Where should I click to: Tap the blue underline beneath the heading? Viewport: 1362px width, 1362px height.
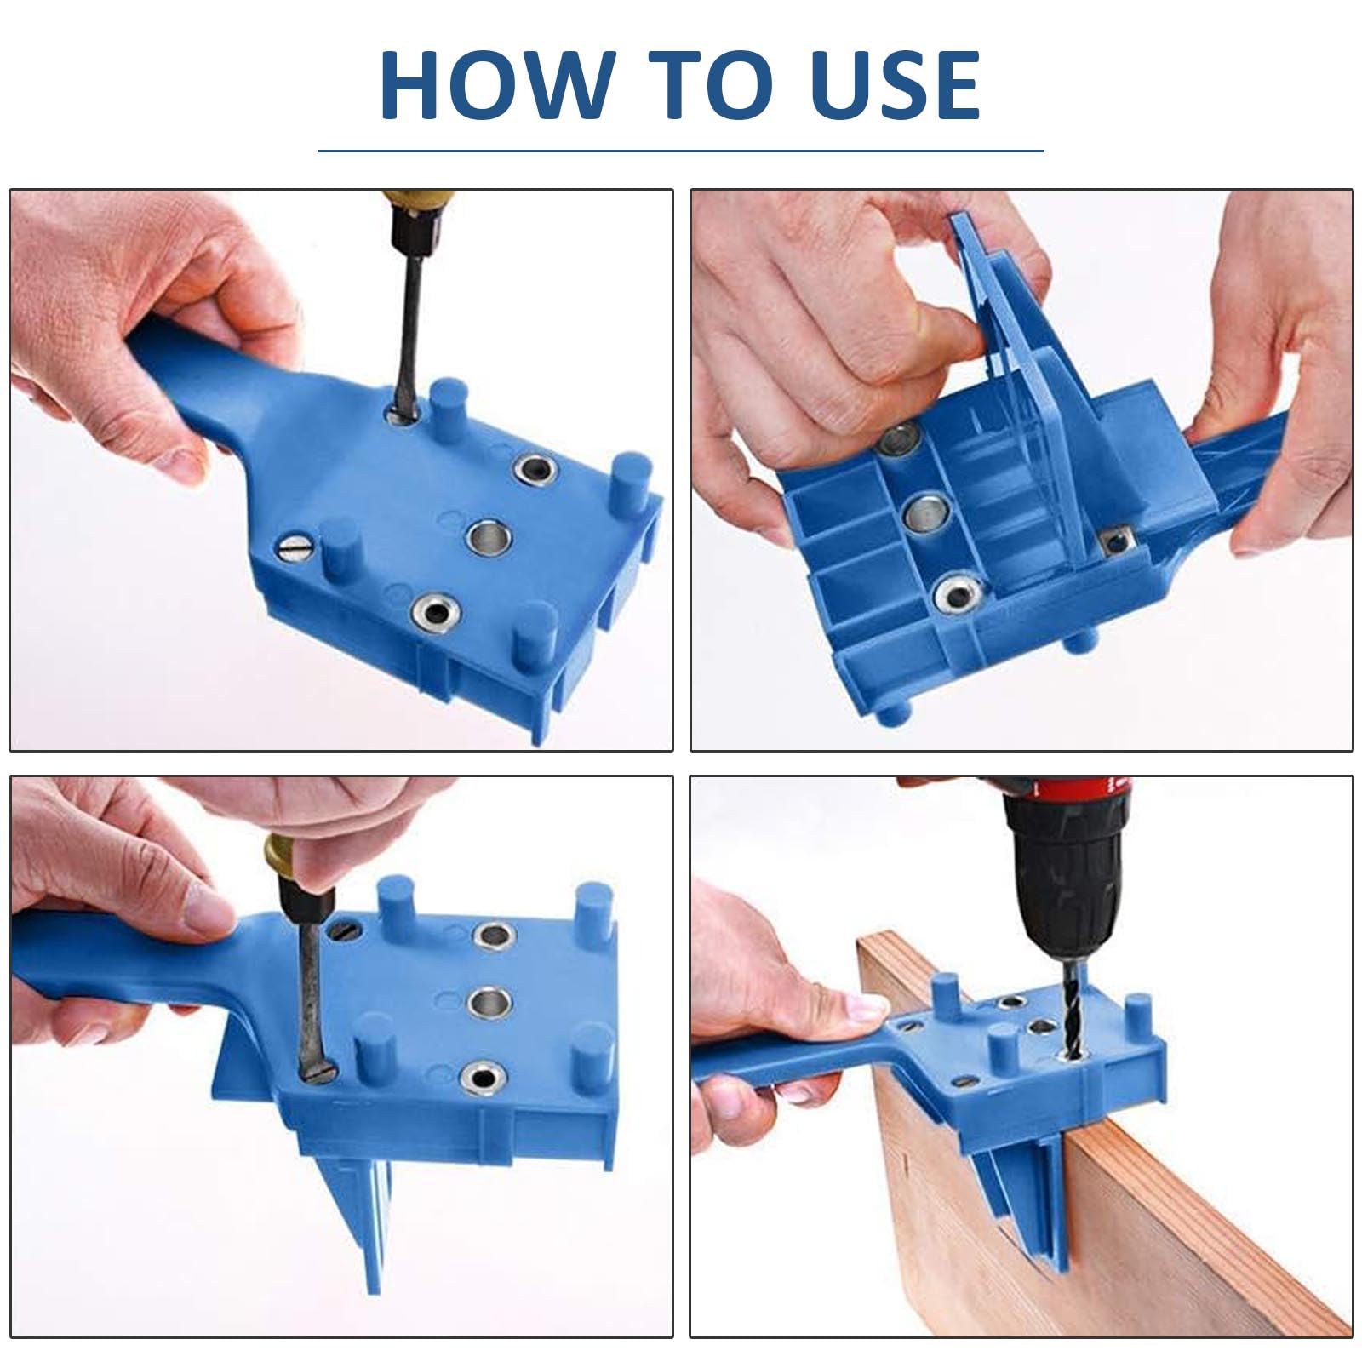(x=681, y=151)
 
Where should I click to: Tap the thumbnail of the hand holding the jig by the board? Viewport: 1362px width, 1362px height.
(x=867, y=1010)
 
